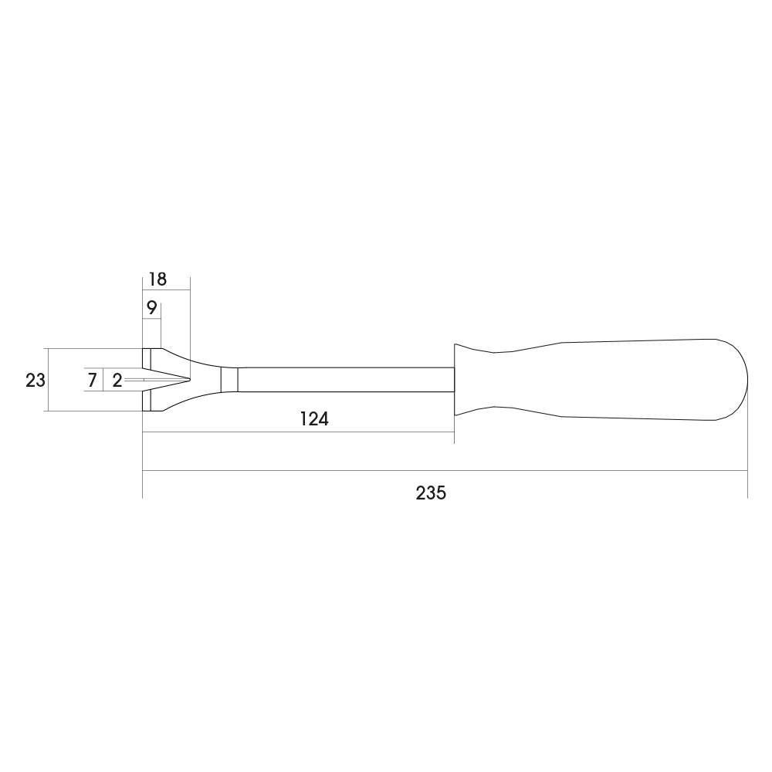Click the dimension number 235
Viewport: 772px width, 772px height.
[x=431, y=493]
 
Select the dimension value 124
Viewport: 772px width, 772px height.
[x=314, y=419]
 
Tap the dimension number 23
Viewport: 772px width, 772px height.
[x=36, y=380]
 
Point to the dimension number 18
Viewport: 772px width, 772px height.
[x=158, y=279]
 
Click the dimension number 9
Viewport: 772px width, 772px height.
[x=151, y=308]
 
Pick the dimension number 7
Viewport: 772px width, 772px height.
[x=92, y=380]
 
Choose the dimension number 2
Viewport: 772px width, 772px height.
[x=117, y=380]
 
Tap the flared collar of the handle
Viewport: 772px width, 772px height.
[x=472, y=380]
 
